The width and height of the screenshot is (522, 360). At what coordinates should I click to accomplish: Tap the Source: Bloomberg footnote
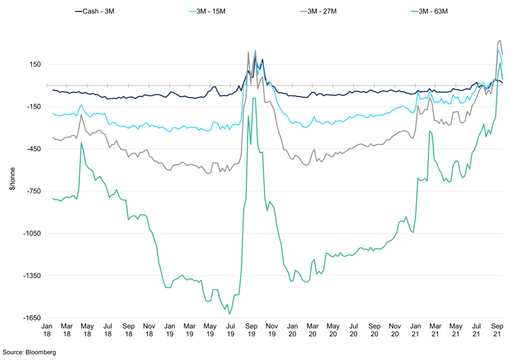coord(28,353)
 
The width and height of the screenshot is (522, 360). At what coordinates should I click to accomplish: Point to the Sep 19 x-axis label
coord(250,329)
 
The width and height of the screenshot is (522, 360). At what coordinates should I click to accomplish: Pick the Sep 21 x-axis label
coord(498,329)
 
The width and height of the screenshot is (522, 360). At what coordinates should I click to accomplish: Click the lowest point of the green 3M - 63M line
coord(230,313)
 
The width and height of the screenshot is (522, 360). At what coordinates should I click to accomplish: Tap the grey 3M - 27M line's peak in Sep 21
coord(500,40)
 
